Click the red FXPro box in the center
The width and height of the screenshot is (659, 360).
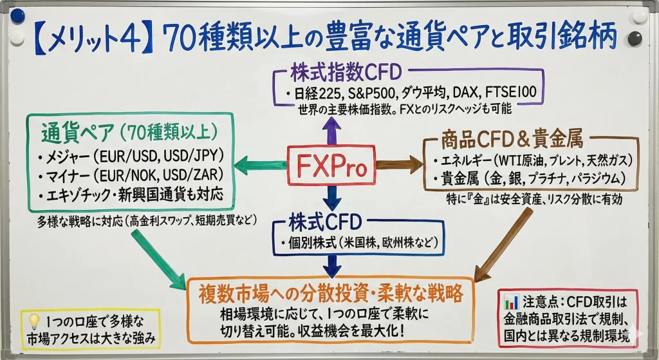pyautogui.click(x=331, y=165)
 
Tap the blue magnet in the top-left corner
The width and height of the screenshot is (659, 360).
pyautogui.click(x=18, y=17)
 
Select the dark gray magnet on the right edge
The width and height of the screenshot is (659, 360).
pyautogui.click(x=635, y=38)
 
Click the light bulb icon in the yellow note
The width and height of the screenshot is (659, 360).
pyautogui.click(x=33, y=322)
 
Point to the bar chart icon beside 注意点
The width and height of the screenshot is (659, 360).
pyautogui.click(x=511, y=301)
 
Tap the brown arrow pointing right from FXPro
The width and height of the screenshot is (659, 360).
pyautogui.click(x=399, y=164)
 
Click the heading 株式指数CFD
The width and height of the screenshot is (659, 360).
pyautogui.click(x=346, y=72)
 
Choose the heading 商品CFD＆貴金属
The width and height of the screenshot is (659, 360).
pyautogui.click(x=512, y=140)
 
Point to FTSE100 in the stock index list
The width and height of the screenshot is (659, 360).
pyautogui.click(x=510, y=91)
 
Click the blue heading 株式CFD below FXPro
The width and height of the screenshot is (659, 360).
pyautogui.click(x=325, y=222)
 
